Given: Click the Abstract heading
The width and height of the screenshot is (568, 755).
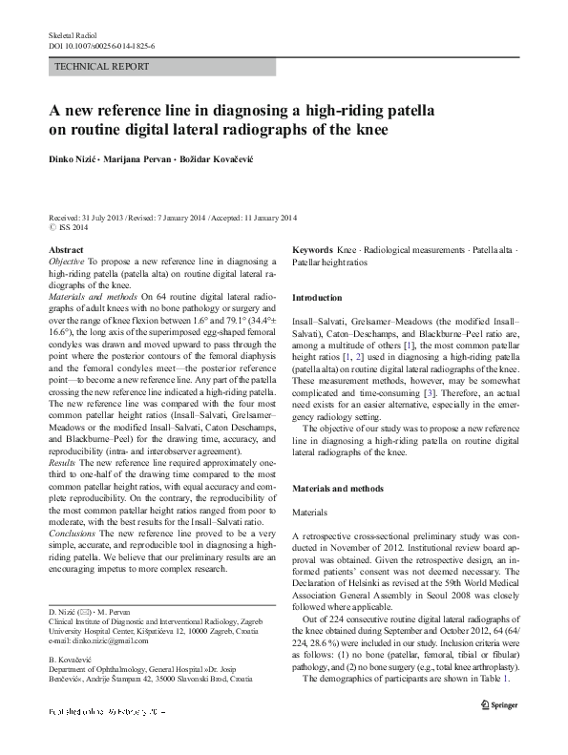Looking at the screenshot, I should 65,248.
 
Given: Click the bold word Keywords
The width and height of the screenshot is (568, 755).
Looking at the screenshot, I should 312,248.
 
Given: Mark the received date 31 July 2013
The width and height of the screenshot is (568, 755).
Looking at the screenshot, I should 104,217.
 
